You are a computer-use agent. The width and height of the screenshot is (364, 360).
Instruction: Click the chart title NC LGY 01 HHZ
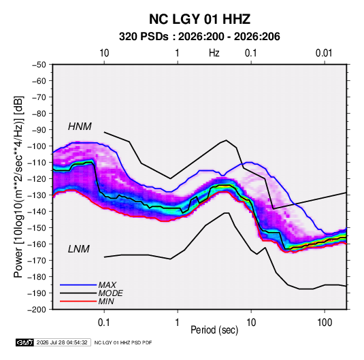199,19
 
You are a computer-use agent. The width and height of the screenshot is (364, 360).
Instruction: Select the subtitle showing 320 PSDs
199,37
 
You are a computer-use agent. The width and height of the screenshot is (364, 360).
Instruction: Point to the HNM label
80,127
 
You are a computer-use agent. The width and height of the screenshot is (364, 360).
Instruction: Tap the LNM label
79,249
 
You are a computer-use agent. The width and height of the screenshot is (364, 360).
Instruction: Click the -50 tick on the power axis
39,65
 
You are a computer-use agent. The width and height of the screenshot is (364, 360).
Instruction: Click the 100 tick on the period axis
325,323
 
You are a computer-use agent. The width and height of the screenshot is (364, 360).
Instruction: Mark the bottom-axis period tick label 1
178,323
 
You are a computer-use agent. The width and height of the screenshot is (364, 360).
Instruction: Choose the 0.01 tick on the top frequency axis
324,53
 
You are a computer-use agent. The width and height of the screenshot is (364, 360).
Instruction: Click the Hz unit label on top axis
214,53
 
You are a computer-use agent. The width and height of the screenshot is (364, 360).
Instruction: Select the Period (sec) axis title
214,330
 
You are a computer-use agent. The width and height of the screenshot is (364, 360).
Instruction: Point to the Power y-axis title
18,187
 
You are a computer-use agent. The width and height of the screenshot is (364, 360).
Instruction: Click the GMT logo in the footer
24,342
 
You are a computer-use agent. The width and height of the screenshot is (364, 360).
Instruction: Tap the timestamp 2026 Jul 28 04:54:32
62,342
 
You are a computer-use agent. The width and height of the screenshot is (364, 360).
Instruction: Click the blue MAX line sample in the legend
78,285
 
